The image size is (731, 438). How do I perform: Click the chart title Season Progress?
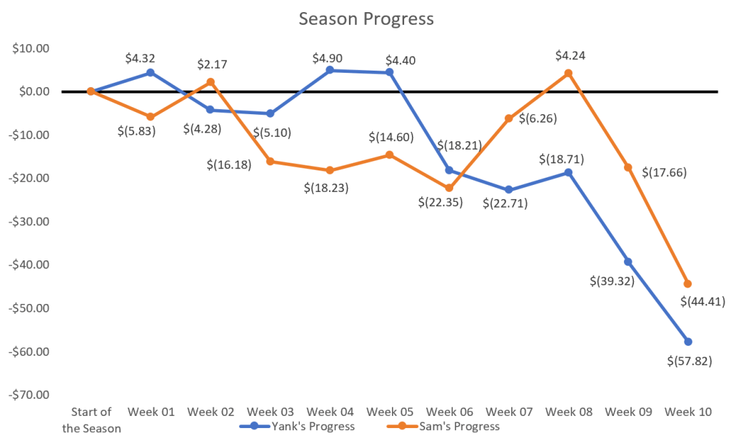coord(365,19)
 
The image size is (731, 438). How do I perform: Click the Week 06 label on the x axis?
coord(449,412)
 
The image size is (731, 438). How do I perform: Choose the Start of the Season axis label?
coord(91,419)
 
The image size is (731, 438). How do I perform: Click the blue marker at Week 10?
coord(688,342)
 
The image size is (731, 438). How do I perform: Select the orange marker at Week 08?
coord(568,73)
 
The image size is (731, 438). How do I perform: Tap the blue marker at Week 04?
coord(330,70)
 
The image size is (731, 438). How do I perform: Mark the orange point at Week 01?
coord(151,116)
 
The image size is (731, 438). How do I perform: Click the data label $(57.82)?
coord(688,362)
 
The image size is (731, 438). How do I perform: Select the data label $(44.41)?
coord(702,302)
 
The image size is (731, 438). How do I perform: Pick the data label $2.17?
coord(212,65)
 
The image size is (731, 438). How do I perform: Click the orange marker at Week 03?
coord(271,161)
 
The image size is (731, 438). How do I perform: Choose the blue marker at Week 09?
coord(628,262)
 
